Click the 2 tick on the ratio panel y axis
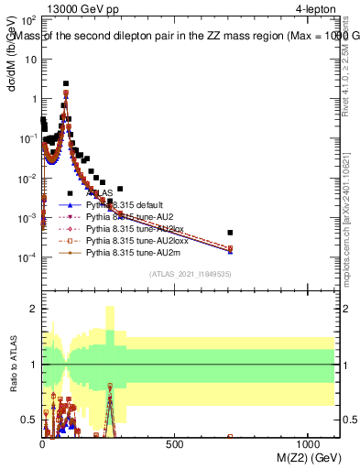pyautogui.click(x=34, y=309)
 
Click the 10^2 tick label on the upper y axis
pyautogui.click(x=29, y=19)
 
